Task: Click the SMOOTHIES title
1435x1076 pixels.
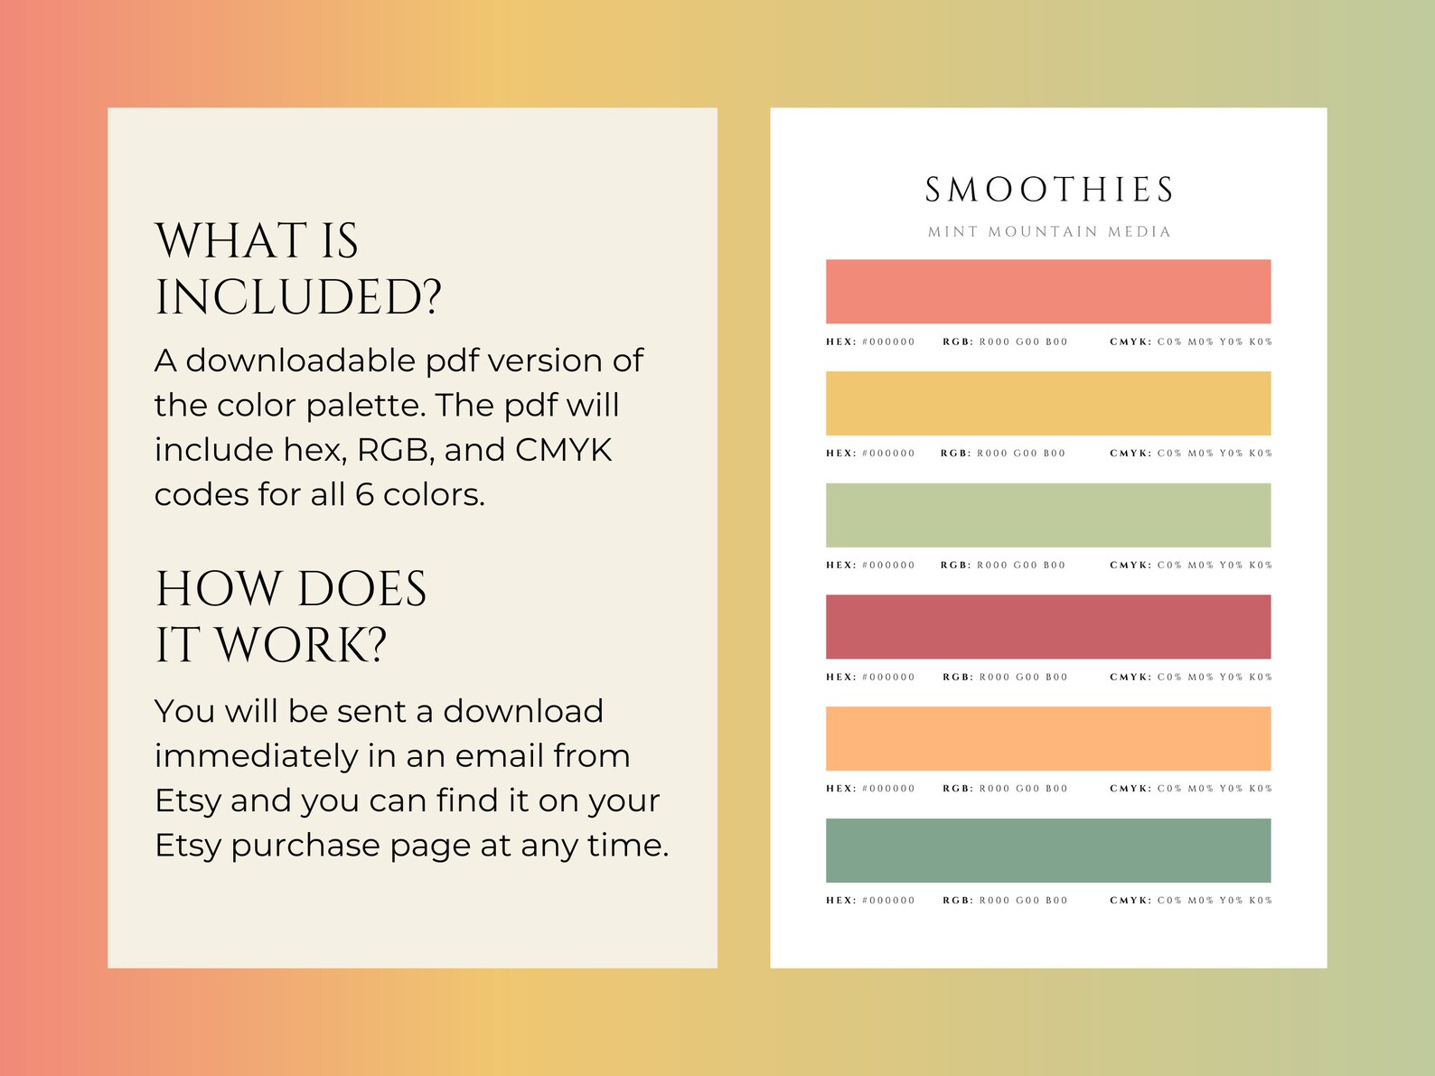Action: [x=1048, y=191]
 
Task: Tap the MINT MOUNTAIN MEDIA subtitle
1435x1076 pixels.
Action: [x=1048, y=232]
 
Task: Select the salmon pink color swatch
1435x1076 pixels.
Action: [x=1048, y=292]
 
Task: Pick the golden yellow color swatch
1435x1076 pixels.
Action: [x=1048, y=403]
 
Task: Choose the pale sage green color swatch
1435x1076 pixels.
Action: [x=1048, y=515]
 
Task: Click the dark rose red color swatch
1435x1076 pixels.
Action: [x=1048, y=627]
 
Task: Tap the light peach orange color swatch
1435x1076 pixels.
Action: [x=1048, y=738]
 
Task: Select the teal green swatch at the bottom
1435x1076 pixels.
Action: [x=1048, y=850]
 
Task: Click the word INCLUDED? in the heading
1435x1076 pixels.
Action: [x=298, y=298]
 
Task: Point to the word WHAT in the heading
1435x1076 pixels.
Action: [x=231, y=241]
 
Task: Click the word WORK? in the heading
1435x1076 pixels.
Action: [x=302, y=646]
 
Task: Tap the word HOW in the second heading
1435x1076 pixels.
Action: [x=219, y=589]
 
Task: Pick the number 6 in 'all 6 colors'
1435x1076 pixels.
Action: [x=364, y=495]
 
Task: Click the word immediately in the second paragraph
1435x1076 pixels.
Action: [x=256, y=756]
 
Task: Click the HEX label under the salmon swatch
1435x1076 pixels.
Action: [x=839, y=342]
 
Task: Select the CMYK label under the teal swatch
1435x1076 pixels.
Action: [x=1130, y=901]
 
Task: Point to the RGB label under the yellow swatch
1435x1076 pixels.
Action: [x=954, y=454]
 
